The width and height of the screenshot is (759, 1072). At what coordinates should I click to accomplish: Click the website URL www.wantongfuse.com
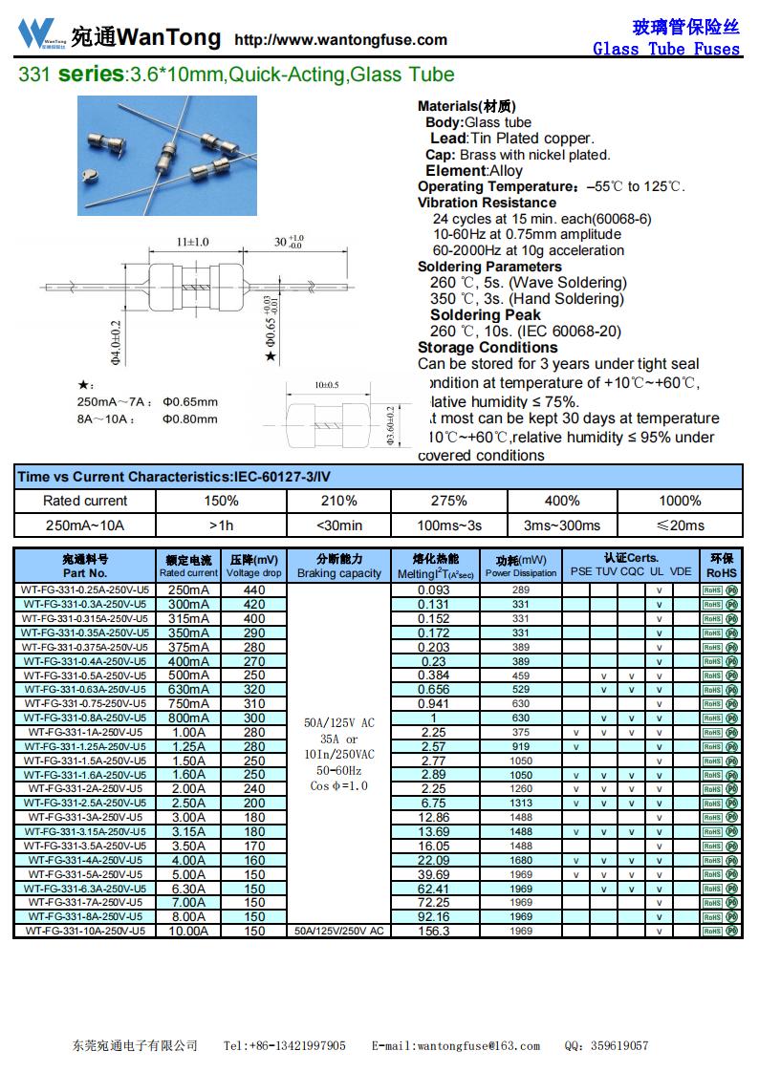coord(341,40)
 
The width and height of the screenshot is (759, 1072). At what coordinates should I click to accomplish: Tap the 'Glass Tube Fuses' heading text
coord(666,49)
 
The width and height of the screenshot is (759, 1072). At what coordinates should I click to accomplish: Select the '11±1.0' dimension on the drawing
coord(192,242)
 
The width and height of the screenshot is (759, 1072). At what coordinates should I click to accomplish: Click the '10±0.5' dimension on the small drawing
coord(327,386)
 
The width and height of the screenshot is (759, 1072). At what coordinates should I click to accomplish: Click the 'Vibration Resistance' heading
coord(487,203)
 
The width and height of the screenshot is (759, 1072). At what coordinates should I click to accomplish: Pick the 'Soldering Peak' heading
coord(485,315)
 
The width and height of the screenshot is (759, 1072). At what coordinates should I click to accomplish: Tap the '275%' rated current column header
coord(449,501)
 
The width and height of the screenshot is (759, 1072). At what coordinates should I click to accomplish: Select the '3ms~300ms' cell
coord(562,525)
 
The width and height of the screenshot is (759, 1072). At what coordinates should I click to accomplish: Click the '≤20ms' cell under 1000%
coord(680,525)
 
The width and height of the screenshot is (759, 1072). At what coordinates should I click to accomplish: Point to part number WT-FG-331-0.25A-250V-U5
coord(85,590)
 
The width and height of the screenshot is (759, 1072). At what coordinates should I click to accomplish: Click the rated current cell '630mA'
coord(188,690)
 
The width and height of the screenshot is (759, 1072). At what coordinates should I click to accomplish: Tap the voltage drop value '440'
coord(254,590)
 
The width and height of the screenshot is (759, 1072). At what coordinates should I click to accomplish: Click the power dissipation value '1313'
coord(521,804)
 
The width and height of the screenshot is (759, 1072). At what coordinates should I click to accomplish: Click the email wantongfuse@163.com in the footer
coord(455,1046)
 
